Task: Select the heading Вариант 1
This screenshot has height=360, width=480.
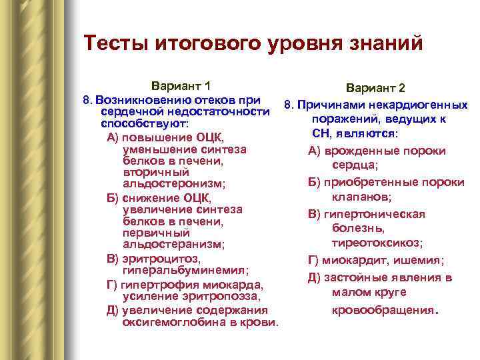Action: [181, 86]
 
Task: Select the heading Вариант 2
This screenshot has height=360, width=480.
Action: [375, 89]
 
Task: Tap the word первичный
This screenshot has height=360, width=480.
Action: [151, 233]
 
